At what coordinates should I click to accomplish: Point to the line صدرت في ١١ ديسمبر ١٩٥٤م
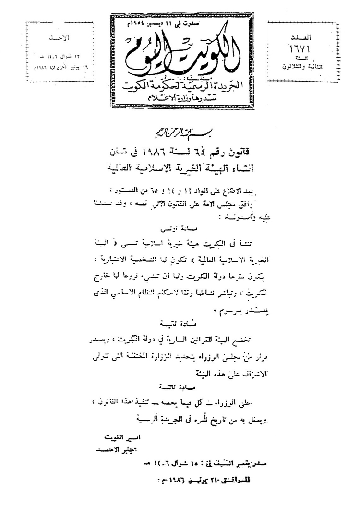(x=187, y=23)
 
